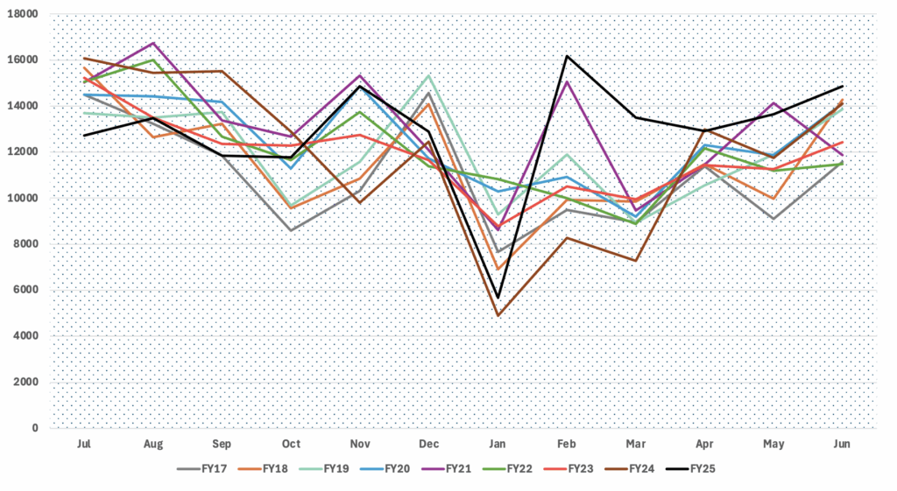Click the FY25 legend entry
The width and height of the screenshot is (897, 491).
pyautogui.click(x=692, y=468)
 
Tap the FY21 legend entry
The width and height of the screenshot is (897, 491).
pyautogui.click(x=447, y=468)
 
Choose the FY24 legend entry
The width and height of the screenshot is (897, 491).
pyautogui.click(x=631, y=468)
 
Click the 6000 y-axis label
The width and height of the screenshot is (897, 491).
pyautogui.click(x=26, y=291)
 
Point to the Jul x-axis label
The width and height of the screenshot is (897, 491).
pyautogui.click(x=84, y=445)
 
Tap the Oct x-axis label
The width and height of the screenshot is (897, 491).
pyautogui.click(x=291, y=445)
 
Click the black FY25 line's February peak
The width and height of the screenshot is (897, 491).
pyautogui.click(x=568, y=57)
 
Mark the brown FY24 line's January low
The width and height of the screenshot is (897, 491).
pyautogui.click(x=498, y=316)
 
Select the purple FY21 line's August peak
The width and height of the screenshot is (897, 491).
pyautogui.click(x=153, y=43)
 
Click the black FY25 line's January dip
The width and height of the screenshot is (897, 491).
pyautogui.click(x=498, y=298)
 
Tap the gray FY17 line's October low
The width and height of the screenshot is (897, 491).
pyautogui.click(x=291, y=230)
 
